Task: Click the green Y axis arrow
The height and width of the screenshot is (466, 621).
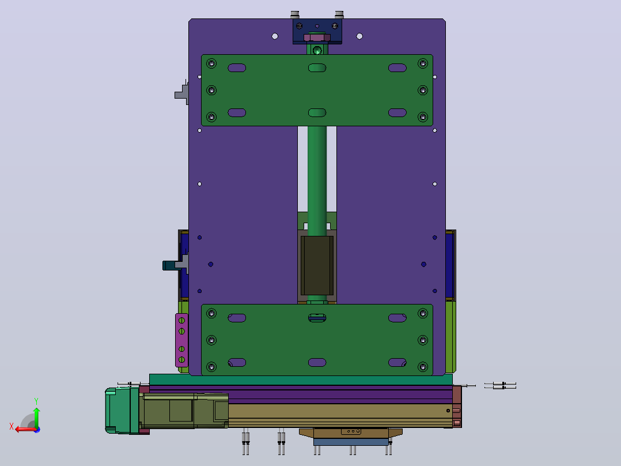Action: tap(36, 416)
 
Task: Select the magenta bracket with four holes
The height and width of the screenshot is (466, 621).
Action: tap(181, 340)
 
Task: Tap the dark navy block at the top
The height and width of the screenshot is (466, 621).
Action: tap(317, 31)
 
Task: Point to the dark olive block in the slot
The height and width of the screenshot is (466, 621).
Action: tap(317, 265)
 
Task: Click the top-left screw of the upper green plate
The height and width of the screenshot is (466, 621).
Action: tap(211, 63)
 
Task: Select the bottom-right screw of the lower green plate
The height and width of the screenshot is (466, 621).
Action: tap(423, 367)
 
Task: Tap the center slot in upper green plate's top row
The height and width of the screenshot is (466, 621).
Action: tap(317, 68)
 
